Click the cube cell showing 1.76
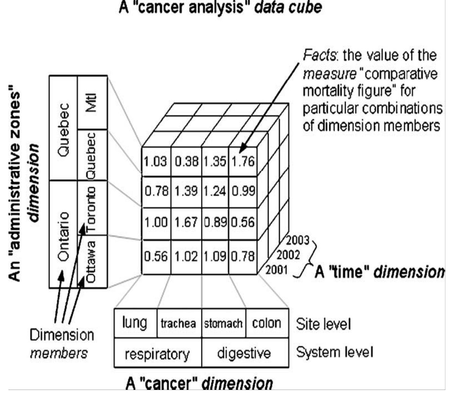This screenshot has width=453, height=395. click(243, 161)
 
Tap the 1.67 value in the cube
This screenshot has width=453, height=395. click(186, 222)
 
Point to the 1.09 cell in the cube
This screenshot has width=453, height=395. click(215, 256)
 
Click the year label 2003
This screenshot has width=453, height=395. click(297, 240)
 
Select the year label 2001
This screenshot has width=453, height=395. click(276, 270)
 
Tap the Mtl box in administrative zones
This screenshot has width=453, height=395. click(92, 102)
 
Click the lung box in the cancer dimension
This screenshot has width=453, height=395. click(135, 323)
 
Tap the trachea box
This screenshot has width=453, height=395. click(178, 323)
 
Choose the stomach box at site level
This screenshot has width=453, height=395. click(223, 323)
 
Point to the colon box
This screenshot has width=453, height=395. click(267, 323)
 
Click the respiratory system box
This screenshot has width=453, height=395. click(157, 354)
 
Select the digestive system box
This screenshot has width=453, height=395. click(244, 353)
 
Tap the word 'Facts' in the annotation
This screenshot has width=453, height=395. click(320, 55)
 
